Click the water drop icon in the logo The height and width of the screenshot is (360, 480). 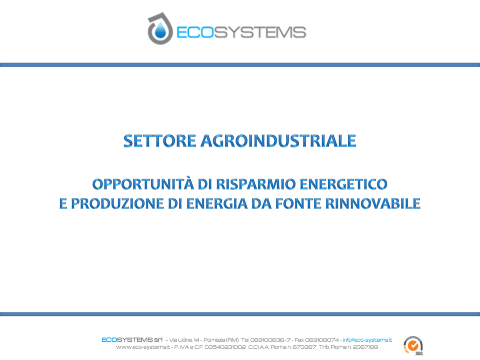click(x=160, y=30)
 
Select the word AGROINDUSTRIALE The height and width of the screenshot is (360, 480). click(x=278, y=141)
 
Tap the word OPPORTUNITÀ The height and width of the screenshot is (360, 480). click(x=143, y=184)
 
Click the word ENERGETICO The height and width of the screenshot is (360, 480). click(x=344, y=184)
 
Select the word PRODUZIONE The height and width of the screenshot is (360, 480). click(x=118, y=204)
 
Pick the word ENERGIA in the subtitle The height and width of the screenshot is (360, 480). click(x=217, y=204)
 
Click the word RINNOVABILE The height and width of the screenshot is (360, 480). click(x=373, y=204)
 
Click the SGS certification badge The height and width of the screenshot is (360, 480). click(x=413, y=346)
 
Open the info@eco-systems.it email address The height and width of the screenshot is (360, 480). click(x=367, y=340)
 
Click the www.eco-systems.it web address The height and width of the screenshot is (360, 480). click(x=143, y=347)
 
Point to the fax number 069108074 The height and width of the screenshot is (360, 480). click(x=322, y=340)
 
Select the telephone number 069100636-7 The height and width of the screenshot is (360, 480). click(x=270, y=340)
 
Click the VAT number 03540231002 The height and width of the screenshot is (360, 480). click(x=225, y=347)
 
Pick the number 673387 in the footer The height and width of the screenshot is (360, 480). click(x=304, y=347)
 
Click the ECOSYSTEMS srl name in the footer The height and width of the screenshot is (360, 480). click(x=132, y=340)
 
